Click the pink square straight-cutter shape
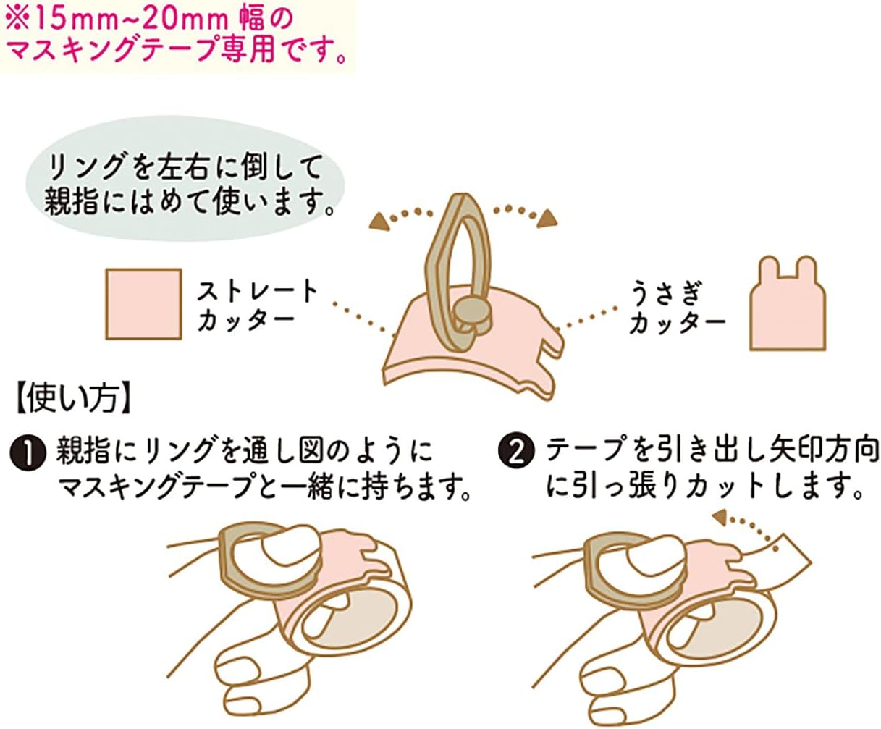143,304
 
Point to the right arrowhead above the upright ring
547,219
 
